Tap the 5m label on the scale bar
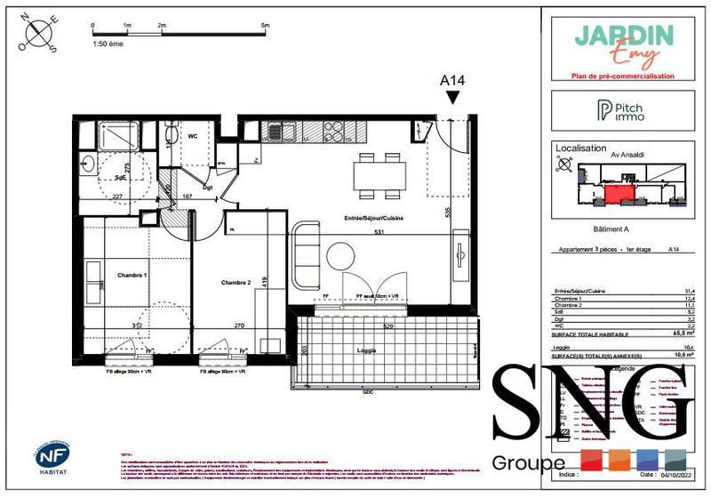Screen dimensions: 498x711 [x=265, y=27]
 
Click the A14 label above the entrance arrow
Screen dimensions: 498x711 [x=453, y=81]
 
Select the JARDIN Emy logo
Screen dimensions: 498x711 [x=623, y=46]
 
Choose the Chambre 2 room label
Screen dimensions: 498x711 [x=236, y=283]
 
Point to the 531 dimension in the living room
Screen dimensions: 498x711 [x=379, y=234]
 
